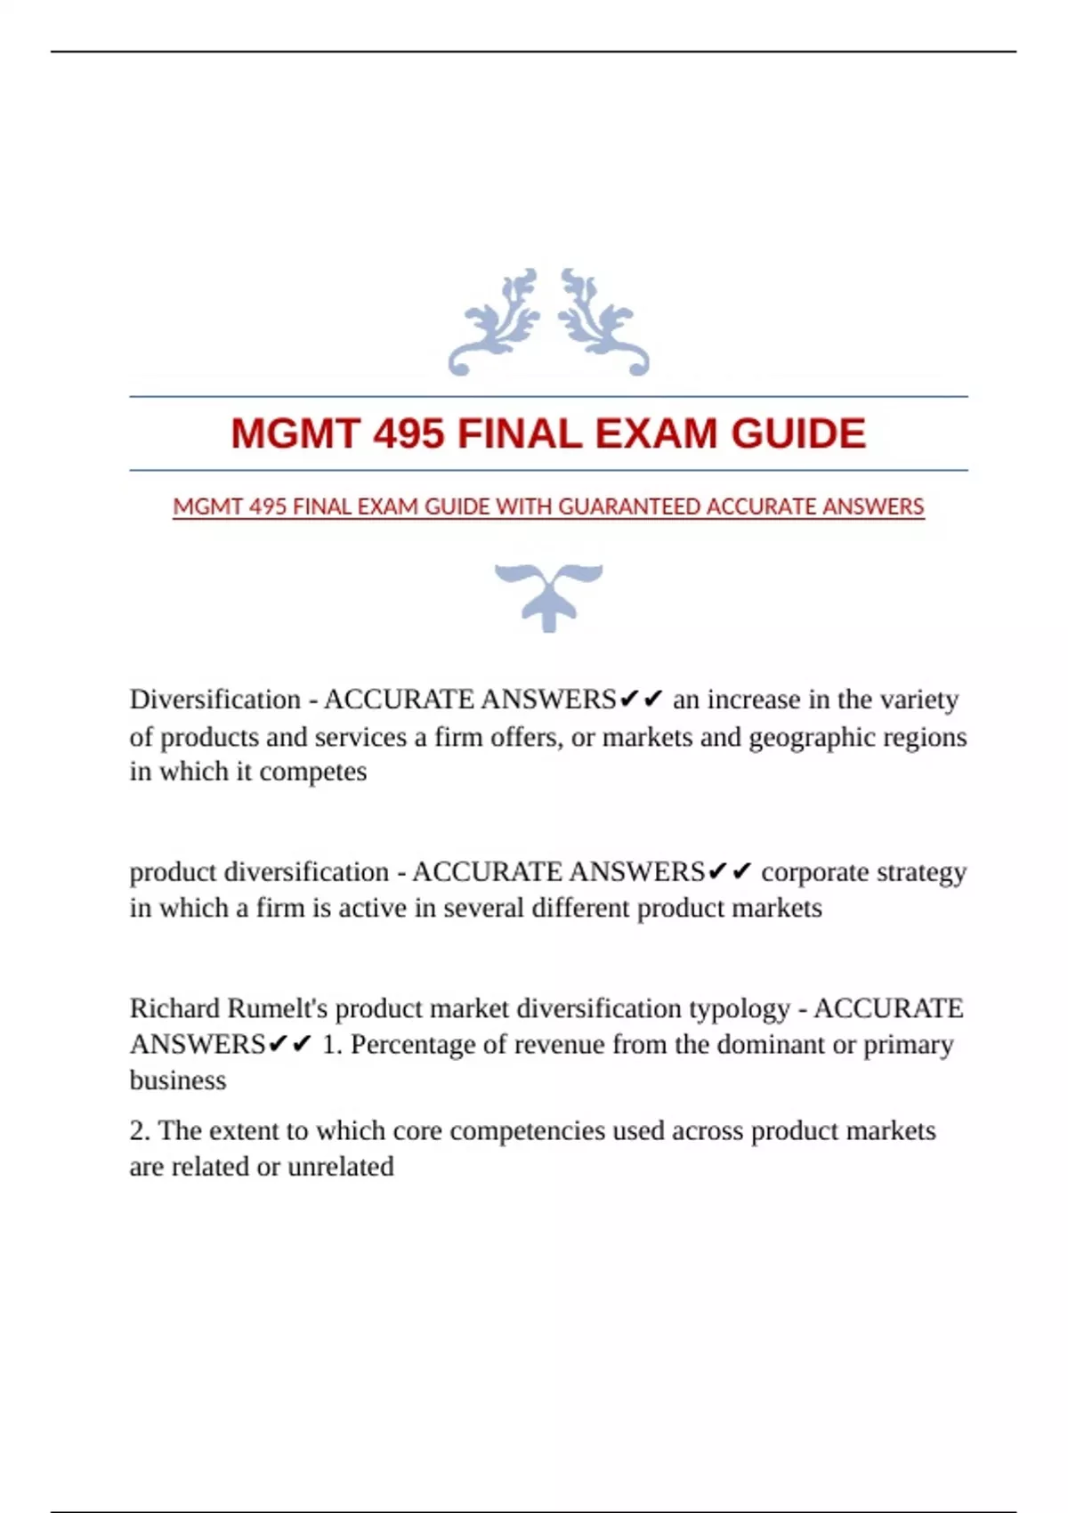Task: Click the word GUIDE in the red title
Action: [798, 434]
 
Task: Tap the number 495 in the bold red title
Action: [409, 434]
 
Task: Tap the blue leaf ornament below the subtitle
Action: [548, 595]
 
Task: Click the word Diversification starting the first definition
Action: [215, 700]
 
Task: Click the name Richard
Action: [174, 1008]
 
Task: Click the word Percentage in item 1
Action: [413, 1045]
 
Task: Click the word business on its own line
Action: [178, 1080]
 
